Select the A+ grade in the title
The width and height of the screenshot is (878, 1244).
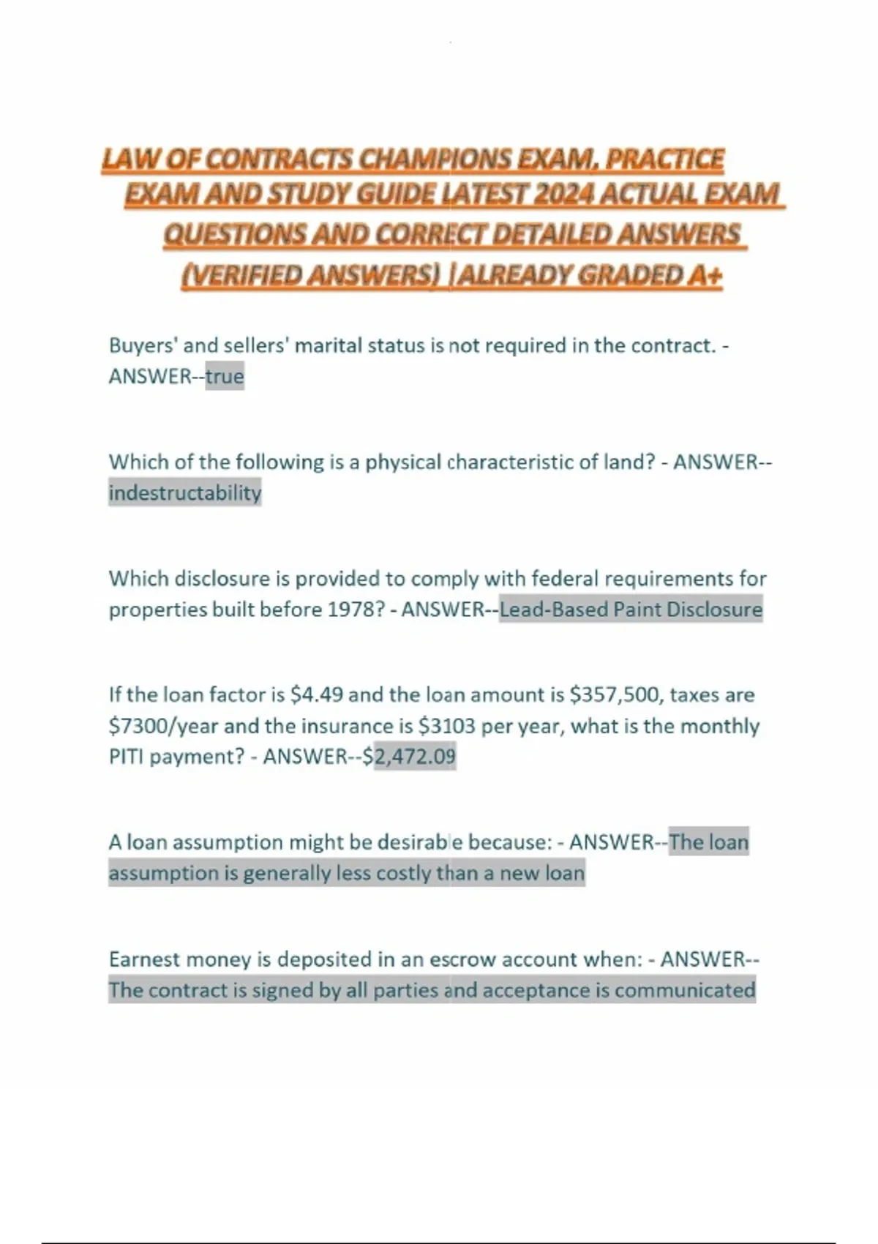pyautogui.click(x=705, y=275)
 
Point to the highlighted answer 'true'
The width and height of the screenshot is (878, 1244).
pyautogui.click(x=225, y=377)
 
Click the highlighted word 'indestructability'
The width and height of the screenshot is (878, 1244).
pyautogui.click(x=184, y=493)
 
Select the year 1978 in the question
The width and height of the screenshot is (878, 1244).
pyautogui.click(x=354, y=610)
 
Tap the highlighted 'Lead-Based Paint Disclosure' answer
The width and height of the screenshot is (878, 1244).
pyautogui.click(x=631, y=610)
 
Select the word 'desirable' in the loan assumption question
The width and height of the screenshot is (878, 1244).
pyautogui.click(x=420, y=842)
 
